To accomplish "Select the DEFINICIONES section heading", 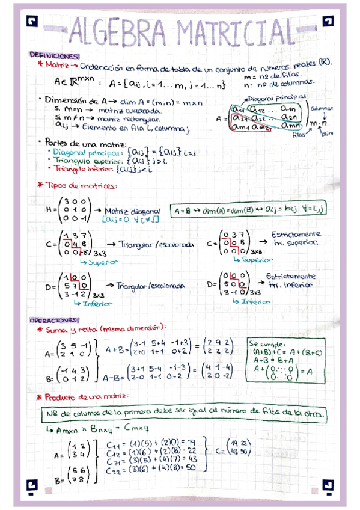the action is coord(51,55).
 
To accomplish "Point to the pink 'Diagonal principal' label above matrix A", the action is coord(281,96).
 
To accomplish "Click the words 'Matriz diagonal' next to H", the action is coord(133,211).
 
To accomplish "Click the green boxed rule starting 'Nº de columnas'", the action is coord(185,414).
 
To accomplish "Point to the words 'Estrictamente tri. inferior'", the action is coord(290,280).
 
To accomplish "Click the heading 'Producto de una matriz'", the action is coord(88,398).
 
